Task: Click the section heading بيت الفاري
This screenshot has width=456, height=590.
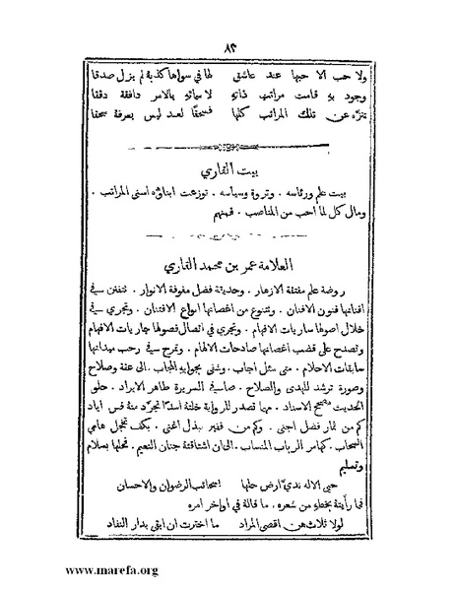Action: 228,169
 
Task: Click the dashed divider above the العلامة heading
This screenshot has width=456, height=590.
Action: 228,239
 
